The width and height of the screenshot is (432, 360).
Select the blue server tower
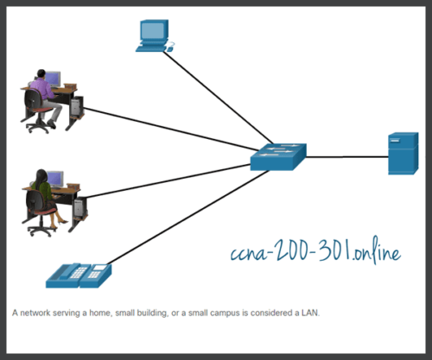coord(403,154)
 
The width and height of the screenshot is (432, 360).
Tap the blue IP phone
coord(77,274)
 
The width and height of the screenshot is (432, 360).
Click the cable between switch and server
coord(345,157)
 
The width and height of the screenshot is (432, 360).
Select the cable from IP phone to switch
coord(181,216)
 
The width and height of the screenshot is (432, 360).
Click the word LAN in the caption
coord(309,313)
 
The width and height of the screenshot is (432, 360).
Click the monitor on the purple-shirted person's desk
coord(52,79)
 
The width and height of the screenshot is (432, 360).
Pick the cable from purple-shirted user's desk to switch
coord(164,130)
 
